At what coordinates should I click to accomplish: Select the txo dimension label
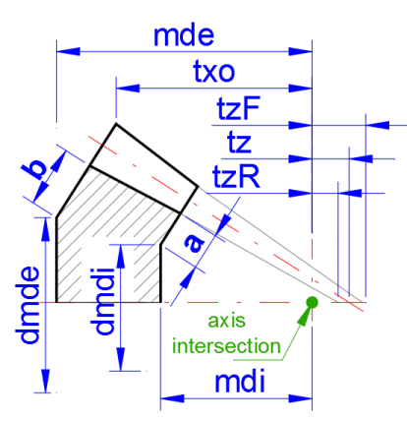[x=214, y=71]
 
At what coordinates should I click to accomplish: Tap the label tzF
[x=238, y=108]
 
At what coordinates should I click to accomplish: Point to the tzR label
[x=236, y=176]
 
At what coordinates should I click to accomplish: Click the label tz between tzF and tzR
[x=239, y=143]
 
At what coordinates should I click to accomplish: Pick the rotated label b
[x=34, y=169]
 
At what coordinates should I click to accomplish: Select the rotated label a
[x=195, y=243]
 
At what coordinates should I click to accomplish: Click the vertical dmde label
[x=29, y=305]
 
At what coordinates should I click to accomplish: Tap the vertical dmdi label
[x=104, y=301]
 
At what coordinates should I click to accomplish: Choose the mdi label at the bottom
[x=240, y=382]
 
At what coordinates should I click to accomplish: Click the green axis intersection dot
[x=312, y=302]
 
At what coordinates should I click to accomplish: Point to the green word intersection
[x=226, y=346]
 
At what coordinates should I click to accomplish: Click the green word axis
[x=226, y=321]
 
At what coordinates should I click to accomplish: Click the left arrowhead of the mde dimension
[x=68, y=51]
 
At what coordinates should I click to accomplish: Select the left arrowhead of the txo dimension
[x=128, y=88]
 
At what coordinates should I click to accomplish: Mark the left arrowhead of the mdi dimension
[x=172, y=398]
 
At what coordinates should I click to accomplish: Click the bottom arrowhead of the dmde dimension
[x=45, y=381]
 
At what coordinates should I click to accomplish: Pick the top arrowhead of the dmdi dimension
[x=121, y=256]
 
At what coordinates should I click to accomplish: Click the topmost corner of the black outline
[x=116, y=124]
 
